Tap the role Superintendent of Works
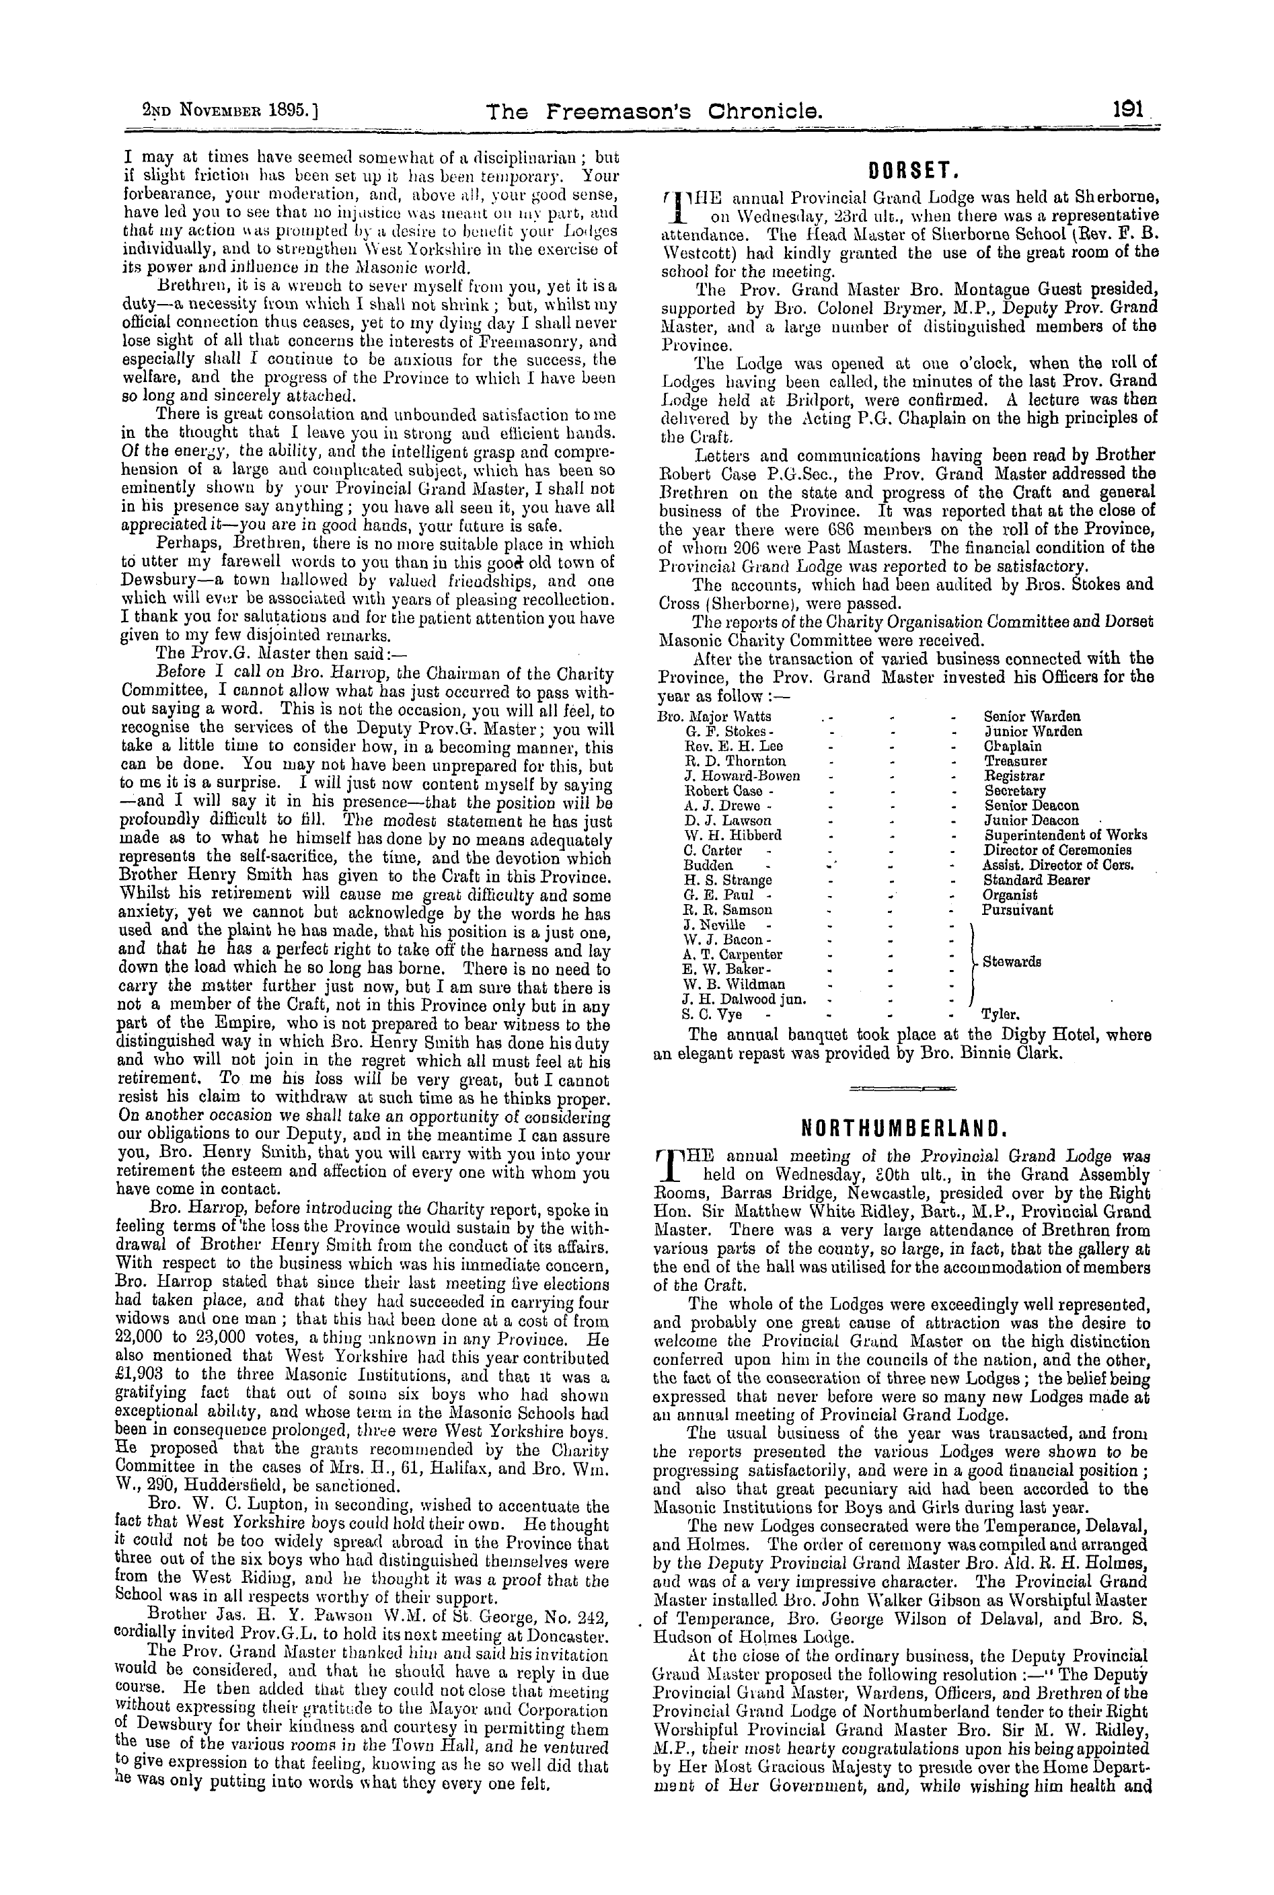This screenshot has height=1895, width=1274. coord(1065,835)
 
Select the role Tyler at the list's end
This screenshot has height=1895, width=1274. coord(1000,1014)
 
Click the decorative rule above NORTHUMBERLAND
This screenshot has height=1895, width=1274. coord(903,1087)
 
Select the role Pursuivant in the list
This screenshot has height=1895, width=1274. coord(1017,910)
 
